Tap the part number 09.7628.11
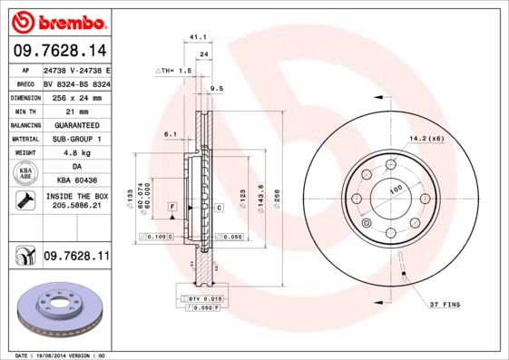77,258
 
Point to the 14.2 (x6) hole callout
426,137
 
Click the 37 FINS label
445,303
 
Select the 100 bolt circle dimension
396,190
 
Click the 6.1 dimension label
170,134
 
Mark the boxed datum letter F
171,208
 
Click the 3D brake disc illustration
59,309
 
